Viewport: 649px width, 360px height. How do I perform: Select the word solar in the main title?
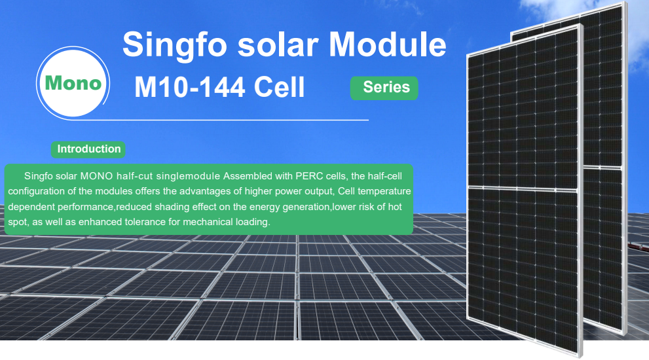(x=276, y=44)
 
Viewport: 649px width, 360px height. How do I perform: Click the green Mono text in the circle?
(x=73, y=83)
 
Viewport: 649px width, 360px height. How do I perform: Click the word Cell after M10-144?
(x=279, y=86)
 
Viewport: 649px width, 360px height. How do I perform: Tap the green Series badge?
(x=386, y=87)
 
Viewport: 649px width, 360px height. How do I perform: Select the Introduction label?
(x=89, y=149)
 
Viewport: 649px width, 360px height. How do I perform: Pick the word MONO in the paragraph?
(x=98, y=176)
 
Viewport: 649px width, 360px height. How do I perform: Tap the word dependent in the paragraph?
(x=29, y=207)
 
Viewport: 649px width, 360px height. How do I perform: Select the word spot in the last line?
(x=17, y=223)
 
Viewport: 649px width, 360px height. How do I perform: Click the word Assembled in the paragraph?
(x=244, y=176)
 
